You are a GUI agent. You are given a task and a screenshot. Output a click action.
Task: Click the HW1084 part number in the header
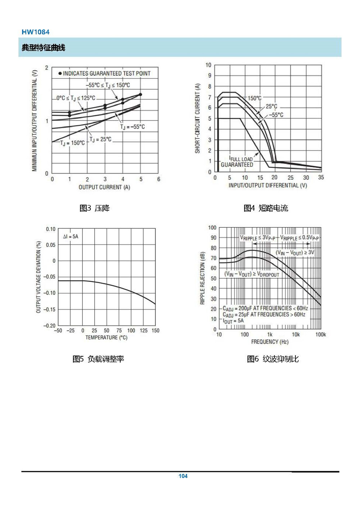pos(36,32)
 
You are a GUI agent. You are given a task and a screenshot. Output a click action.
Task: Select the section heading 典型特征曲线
pos(44,48)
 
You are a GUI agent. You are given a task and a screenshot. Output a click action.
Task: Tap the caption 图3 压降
pos(94,208)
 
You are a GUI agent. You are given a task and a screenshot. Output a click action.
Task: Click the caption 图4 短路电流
pos(266,208)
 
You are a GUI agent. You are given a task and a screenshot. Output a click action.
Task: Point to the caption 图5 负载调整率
pos(98,359)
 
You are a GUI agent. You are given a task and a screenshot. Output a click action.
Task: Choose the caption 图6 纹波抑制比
pos(273,359)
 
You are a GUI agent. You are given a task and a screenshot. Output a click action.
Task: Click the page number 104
pos(183,476)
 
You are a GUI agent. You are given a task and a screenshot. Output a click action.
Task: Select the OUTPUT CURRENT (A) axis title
pos(104,187)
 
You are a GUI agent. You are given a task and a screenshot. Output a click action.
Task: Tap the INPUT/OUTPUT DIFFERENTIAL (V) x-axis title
pos(267,186)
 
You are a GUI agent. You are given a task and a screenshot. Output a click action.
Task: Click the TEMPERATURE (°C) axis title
pos(106,338)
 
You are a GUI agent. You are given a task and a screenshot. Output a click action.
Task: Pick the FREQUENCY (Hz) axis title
pos(270,341)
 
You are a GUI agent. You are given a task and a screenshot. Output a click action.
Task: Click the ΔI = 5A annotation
pos(71,237)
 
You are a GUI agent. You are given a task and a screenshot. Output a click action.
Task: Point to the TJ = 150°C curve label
pos(72,143)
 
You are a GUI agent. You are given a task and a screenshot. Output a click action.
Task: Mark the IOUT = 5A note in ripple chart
pos(233,321)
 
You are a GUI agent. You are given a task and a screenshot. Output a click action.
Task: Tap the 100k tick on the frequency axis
pos(320,335)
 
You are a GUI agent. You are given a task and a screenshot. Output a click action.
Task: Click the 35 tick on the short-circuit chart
pos(321,178)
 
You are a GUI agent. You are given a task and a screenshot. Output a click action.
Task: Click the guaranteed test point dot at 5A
pos(140,95)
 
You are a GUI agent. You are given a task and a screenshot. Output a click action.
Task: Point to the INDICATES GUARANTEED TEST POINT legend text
pos(107,73)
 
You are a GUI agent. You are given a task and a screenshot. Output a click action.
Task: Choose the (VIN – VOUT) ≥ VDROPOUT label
pos(252,274)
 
